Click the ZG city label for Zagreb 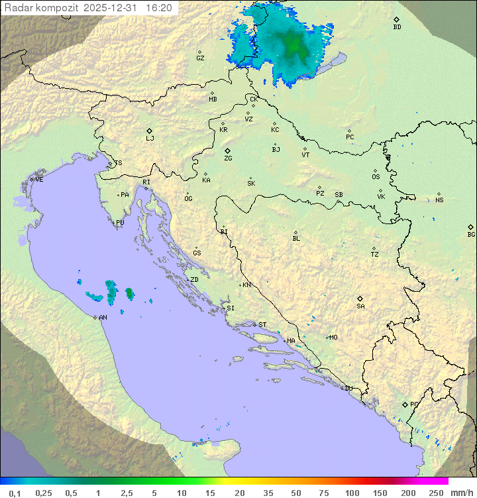coord(228,158)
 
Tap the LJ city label coord(150,139)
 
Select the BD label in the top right coord(397,27)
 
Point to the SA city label coord(360,306)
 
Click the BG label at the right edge coord(471,234)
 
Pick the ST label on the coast coord(262,325)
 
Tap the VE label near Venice coord(39,180)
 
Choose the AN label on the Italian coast coord(103,318)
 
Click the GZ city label coord(200,58)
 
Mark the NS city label coord(439,200)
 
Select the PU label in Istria coord(120,223)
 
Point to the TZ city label coord(375,255)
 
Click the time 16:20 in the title coord(160,8)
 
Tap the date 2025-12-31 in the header coord(113,8)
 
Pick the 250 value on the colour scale coord(436,493)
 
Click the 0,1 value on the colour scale coord(15,493)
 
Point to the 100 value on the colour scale coord(352,493)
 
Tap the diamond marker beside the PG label coord(405,404)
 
